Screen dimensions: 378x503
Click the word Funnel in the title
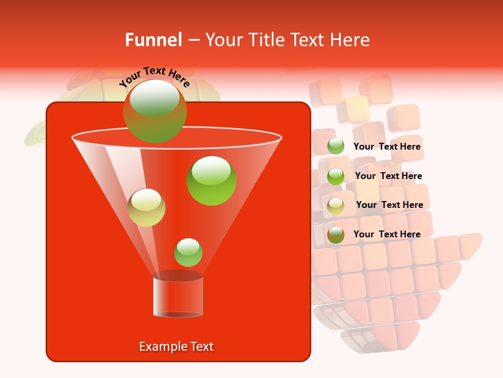(x=153, y=40)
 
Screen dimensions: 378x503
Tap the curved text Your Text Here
(x=155, y=77)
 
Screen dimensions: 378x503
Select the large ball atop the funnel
(x=155, y=111)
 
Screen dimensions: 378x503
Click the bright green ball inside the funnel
(x=212, y=181)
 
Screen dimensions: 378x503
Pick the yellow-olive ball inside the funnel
(x=147, y=207)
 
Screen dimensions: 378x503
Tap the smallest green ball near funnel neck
(x=188, y=252)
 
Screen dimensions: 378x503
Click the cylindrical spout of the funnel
(x=178, y=297)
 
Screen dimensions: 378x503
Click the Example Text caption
(x=176, y=346)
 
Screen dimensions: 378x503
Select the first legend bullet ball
(x=336, y=146)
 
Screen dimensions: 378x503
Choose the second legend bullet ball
(x=336, y=176)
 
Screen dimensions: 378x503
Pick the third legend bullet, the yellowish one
(x=336, y=206)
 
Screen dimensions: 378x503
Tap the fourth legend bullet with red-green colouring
(x=336, y=235)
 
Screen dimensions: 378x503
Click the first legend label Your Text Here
(x=387, y=147)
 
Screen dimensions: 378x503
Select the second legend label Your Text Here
(x=388, y=176)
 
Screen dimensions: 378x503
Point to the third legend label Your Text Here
(x=389, y=205)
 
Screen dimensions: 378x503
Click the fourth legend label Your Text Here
(x=387, y=234)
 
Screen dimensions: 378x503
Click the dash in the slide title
(x=193, y=40)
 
